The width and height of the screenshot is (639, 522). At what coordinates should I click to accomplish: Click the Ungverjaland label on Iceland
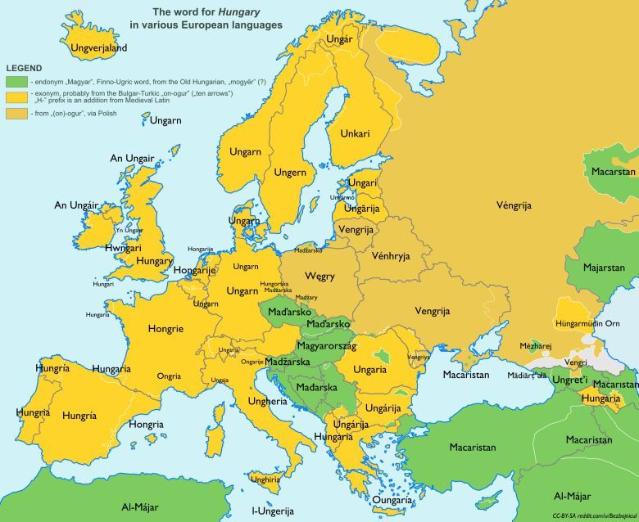point(99,48)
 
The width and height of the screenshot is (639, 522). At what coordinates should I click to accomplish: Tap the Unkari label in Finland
point(355,133)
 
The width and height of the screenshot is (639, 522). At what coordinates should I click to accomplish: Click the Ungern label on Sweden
point(290,173)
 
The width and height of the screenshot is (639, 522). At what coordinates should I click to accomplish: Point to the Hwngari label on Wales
point(123,248)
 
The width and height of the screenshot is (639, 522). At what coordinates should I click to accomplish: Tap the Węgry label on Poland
point(319,277)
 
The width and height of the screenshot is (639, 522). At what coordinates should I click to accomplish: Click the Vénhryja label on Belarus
point(390,256)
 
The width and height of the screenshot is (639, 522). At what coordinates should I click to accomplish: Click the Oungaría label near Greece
point(392,499)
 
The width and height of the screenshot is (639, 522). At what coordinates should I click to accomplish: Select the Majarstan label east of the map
point(604,268)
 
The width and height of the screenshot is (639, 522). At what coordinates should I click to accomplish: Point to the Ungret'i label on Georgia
point(569,380)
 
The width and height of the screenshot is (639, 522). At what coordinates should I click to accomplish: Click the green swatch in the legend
point(16,82)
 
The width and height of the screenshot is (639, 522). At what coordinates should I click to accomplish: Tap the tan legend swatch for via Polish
point(16,113)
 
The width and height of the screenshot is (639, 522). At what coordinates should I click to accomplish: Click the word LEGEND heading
point(25,68)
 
